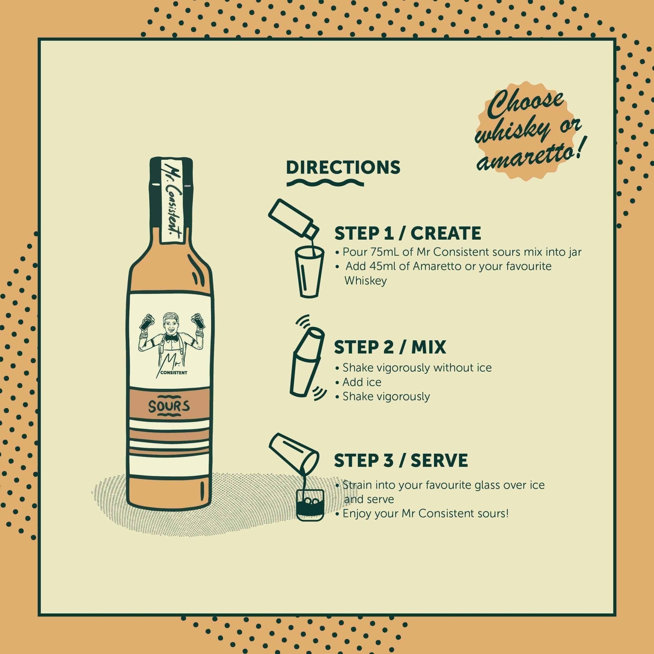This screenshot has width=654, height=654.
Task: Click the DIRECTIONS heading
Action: coord(343,167)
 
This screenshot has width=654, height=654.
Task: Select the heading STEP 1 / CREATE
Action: coord(407,233)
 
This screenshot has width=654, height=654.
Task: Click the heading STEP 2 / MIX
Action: coord(390,348)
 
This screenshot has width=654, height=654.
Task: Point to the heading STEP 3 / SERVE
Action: coord(401,460)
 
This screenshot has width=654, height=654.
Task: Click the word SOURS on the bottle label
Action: coord(169,407)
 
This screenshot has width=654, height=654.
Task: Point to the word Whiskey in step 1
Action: coord(366,281)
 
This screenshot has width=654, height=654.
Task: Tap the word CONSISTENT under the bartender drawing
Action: coord(174,373)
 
